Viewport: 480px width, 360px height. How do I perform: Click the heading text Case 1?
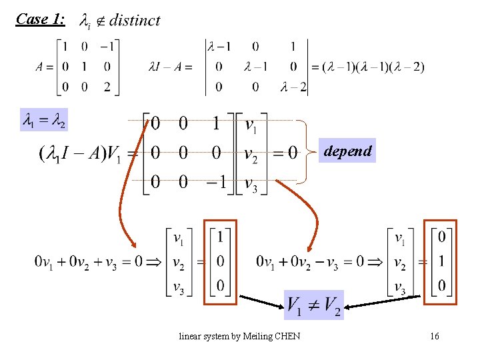click(x=41, y=19)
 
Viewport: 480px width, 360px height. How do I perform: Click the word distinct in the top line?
click(x=135, y=20)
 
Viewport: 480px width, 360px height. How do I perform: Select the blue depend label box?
click(x=347, y=151)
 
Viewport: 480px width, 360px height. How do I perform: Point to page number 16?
click(x=435, y=337)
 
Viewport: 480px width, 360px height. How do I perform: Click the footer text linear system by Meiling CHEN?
click(x=239, y=336)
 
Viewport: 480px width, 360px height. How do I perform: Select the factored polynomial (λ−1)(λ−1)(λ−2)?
click(x=373, y=67)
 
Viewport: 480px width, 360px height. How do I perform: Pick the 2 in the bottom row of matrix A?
click(x=107, y=87)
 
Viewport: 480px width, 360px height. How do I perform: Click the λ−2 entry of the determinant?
click(x=293, y=87)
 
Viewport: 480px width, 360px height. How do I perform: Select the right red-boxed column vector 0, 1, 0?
click(x=441, y=262)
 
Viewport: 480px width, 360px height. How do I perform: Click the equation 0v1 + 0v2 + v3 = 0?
click(x=88, y=261)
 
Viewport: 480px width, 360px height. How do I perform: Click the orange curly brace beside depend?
click(x=303, y=152)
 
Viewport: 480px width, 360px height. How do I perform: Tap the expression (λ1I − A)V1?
click(x=81, y=154)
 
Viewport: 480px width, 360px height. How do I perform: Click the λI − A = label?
click(x=170, y=67)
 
